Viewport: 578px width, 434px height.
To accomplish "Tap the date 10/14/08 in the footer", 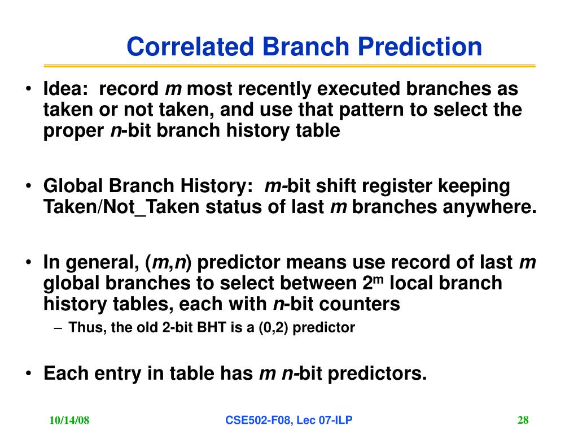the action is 69,420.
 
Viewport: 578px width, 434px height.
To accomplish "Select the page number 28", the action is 523,420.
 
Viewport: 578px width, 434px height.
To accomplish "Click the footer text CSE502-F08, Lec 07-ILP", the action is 288,420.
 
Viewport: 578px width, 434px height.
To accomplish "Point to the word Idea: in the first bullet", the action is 65,89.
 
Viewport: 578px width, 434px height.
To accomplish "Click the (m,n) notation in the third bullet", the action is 168,262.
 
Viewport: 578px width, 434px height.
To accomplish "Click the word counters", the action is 360,304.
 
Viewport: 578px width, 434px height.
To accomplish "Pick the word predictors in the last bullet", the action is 377,373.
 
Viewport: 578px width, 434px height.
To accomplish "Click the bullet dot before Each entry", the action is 28,373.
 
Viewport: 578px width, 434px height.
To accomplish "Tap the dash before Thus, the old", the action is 57,328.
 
